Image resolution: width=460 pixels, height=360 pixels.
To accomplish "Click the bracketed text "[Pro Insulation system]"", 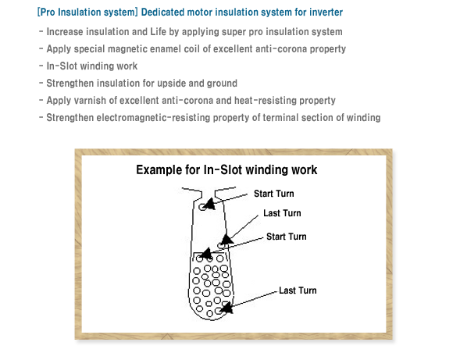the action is tap(87, 12).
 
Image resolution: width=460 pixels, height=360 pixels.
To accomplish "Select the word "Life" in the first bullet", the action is tap(158, 32).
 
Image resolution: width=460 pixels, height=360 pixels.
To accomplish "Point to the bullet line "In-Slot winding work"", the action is tap(92, 66).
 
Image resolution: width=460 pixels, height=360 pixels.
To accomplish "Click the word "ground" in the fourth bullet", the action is tap(222, 84).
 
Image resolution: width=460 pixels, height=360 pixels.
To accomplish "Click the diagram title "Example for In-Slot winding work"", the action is tap(226, 170).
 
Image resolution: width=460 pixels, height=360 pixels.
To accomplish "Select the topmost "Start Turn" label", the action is tap(273, 194).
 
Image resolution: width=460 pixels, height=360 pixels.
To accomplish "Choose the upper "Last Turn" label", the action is tap(282, 213).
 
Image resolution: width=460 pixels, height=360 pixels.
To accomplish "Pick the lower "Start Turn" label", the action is tap(287, 237).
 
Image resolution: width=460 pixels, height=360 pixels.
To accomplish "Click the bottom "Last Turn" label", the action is tap(298, 290).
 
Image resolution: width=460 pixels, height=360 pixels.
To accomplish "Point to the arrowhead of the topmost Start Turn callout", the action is tap(209, 204).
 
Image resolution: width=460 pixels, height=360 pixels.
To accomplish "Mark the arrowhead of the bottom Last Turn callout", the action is tap(226, 308).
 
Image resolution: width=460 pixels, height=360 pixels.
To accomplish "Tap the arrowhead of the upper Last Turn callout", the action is tap(226, 240).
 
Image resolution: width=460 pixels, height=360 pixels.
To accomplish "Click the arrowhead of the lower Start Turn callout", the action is tap(205, 253).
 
